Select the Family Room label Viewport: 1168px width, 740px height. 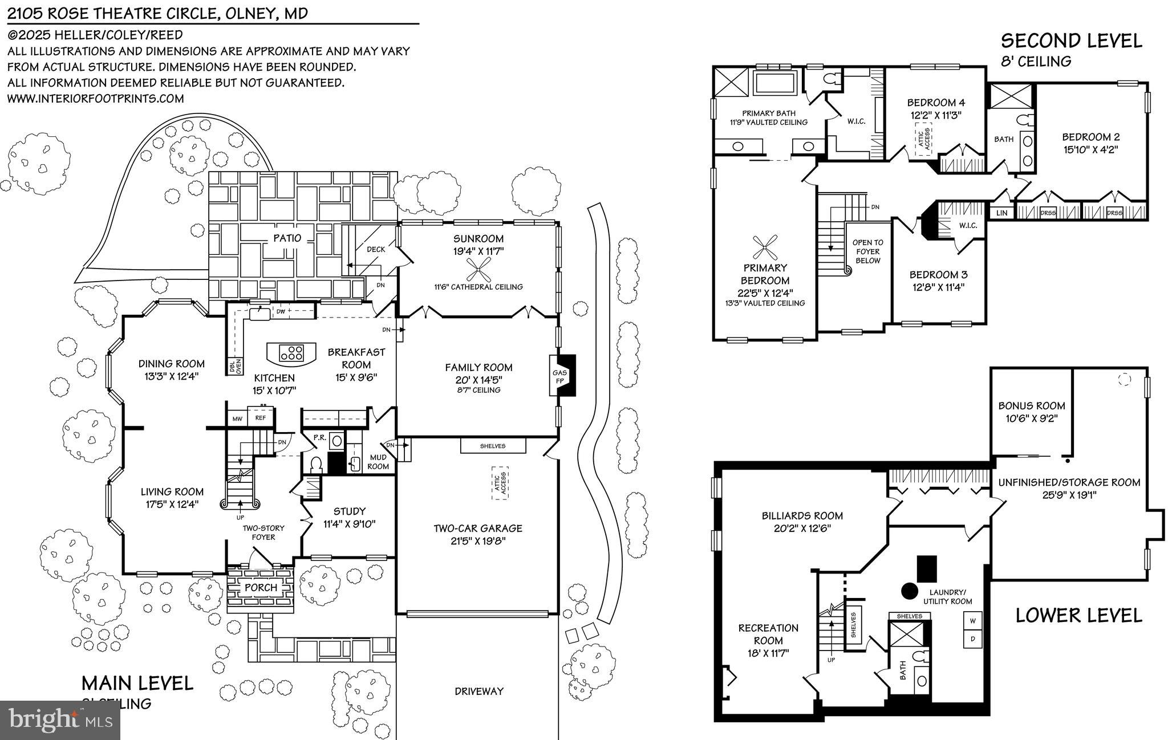478,368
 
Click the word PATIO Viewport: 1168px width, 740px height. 287,238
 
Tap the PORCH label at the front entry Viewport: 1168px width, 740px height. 261,587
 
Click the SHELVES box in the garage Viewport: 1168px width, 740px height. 493,446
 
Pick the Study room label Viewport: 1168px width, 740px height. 349,511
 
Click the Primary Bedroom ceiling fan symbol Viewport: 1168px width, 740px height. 765,247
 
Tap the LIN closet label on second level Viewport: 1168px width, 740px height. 1002,213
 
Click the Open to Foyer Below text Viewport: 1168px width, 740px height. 867,251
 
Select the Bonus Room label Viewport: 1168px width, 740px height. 1031,406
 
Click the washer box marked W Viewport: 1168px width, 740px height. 972,620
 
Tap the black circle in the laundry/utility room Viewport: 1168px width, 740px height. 909,591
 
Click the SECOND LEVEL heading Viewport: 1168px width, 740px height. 1071,41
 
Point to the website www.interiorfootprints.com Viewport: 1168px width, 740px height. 95,99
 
